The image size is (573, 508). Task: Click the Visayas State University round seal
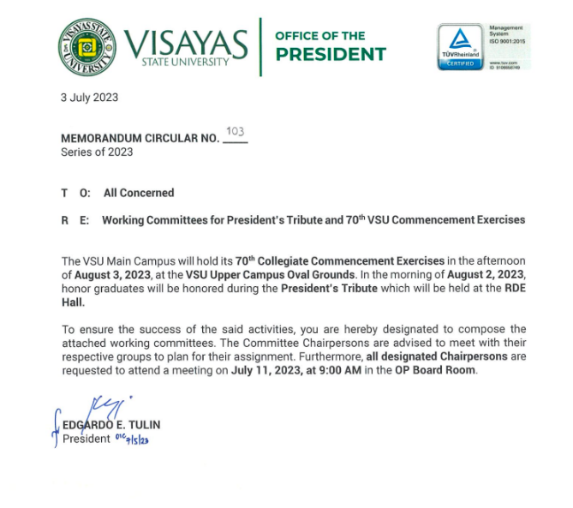click(87, 47)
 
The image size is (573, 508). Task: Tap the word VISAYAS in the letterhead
click(186, 42)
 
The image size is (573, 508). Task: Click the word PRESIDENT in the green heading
click(330, 55)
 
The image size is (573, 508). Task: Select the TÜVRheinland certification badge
click(461, 47)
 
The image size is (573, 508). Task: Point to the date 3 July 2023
click(89, 98)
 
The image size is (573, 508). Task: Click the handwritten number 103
click(235, 131)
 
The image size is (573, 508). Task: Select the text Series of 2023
click(97, 152)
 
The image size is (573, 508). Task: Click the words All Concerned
click(139, 194)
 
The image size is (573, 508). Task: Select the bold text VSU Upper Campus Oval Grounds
click(270, 275)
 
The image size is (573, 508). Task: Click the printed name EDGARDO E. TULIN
click(111, 425)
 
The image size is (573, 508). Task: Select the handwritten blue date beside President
click(132, 439)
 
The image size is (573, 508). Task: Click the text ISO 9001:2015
click(506, 41)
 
